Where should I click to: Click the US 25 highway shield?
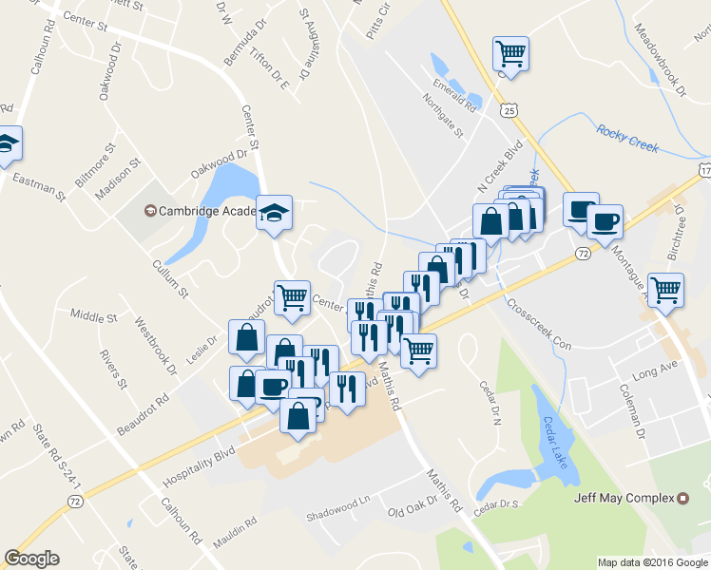tap(510, 111)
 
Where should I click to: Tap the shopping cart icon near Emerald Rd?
tap(510, 53)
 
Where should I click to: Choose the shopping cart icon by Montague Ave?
tap(665, 289)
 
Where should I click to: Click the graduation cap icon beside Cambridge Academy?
tap(274, 213)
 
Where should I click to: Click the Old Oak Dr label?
tap(412, 508)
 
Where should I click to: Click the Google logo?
tap(31, 559)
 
